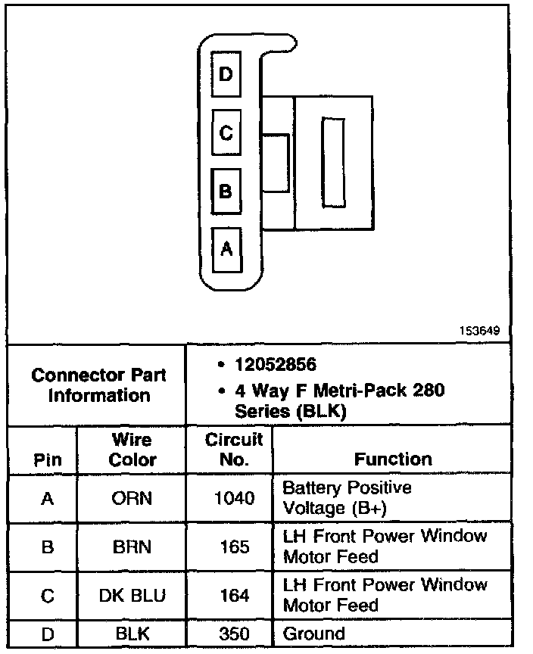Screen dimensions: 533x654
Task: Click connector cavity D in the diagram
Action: (226, 73)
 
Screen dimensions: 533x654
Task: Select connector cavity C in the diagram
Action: (226, 132)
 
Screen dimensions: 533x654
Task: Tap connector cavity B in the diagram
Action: (226, 190)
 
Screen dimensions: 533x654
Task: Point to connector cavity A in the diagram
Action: (226, 249)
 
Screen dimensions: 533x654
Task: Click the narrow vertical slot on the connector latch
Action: (332, 162)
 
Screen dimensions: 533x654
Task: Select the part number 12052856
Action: (275, 364)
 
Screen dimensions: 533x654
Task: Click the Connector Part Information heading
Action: (99, 385)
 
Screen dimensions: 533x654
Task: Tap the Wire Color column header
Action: (132, 450)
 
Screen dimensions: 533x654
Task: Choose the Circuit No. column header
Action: (234, 450)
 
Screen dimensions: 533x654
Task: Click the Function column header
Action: (393, 459)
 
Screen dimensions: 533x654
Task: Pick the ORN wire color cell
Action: (132, 498)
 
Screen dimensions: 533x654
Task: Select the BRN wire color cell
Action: (132, 547)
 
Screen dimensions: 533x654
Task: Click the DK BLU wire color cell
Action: (132, 596)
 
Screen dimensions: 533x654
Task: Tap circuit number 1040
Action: (234, 498)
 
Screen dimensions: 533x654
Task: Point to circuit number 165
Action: (234, 547)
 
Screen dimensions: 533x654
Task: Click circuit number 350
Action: (234, 634)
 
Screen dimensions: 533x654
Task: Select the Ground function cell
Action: (313, 634)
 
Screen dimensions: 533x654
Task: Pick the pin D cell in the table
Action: (47, 634)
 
